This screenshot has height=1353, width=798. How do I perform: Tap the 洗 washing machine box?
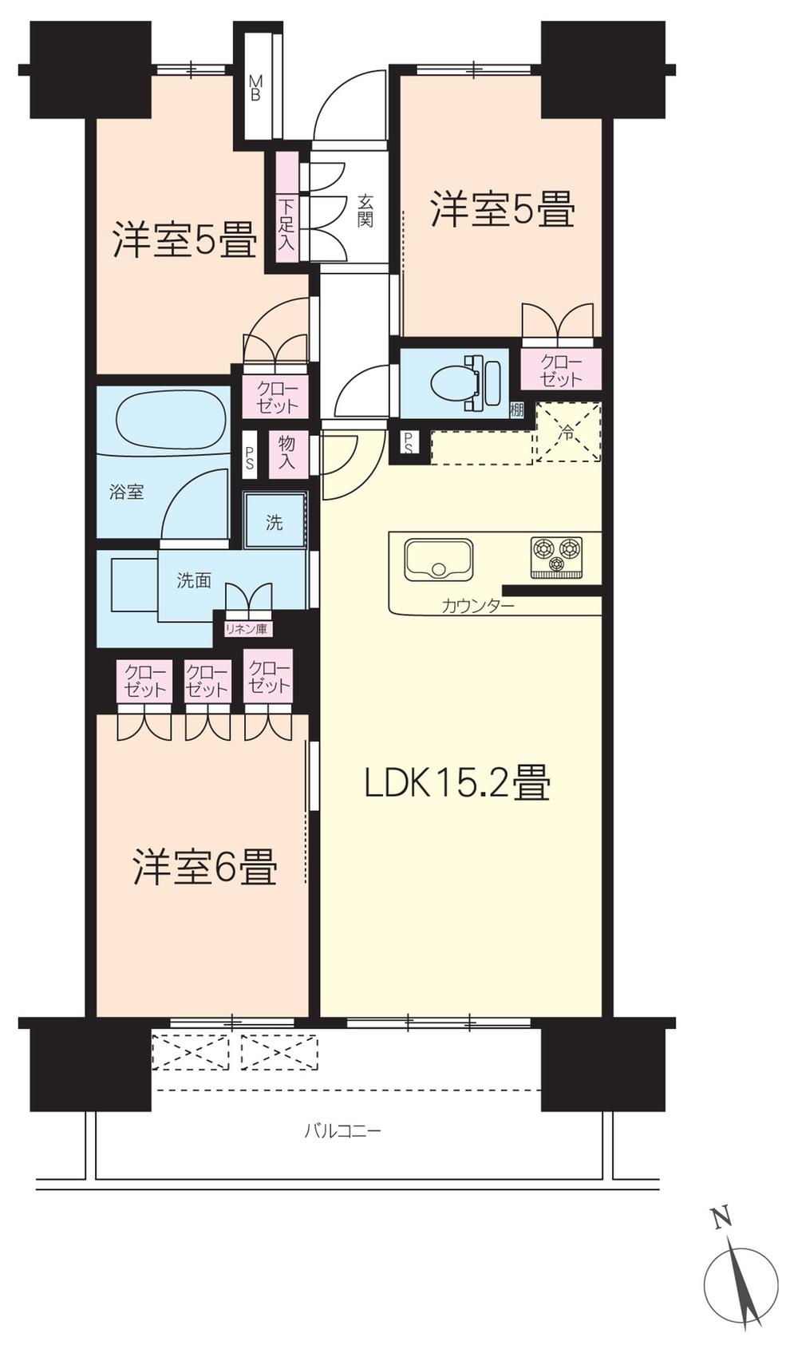[x=275, y=523]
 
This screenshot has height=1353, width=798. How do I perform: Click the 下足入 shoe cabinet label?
[x=286, y=224]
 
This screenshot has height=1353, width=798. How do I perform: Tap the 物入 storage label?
[x=286, y=452]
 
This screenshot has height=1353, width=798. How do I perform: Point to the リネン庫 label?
[x=246, y=629]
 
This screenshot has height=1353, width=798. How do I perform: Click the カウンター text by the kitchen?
[x=478, y=607]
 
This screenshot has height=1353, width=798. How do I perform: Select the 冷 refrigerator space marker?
[x=567, y=433]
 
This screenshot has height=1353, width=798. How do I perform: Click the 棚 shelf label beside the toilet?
[x=517, y=410]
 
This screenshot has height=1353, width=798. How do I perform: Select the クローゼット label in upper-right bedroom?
[x=561, y=370]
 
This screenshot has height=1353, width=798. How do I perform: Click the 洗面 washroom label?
[x=194, y=580]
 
